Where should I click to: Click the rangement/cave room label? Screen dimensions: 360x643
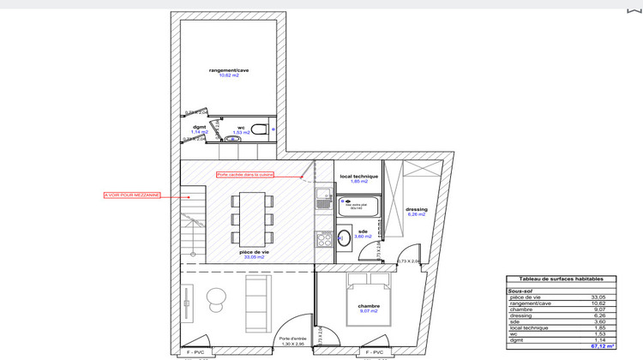pyautogui.click(x=223, y=69)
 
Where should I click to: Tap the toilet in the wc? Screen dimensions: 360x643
pyautogui.click(x=258, y=131)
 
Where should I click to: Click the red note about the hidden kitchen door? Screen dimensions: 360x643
pyautogui.click(x=245, y=174)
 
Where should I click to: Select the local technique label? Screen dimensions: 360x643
pyautogui.click(x=358, y=177)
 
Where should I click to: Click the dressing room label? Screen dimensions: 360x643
pyautogui.click(x=416, y=209)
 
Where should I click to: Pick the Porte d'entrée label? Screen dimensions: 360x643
pyautogui.click(x=292, y=338)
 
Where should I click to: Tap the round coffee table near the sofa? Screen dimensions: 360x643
pyautogui.click(x=214, y=297)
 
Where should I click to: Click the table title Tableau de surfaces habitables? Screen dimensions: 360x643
pyautogui.click(x=560, y=279)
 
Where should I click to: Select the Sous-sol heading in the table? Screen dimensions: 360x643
pyautogui.click(x=521, y=291)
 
